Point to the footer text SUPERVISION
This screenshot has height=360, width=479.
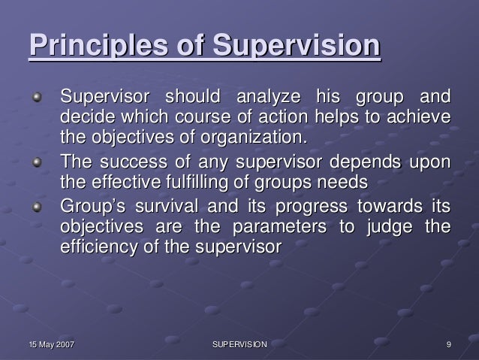click(x=239, y=344)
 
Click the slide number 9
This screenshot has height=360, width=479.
click(x=447, y=344)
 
